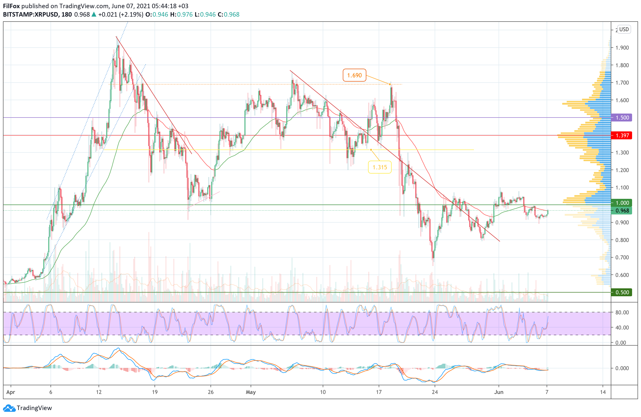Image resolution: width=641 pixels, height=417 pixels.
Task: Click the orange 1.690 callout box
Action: [x=354, y=75]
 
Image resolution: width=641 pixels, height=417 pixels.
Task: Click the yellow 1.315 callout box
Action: [x=379, y=167]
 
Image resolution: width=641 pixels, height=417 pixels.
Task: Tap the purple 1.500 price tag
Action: [x=622, y=118]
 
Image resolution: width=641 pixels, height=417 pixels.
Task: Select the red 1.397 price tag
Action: [x=622, y=135]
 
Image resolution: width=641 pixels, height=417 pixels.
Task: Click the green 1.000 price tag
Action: [x=622, y=203]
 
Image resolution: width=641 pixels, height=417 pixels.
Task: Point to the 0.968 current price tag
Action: [x=622, y=210]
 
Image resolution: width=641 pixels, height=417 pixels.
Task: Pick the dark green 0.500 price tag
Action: [x=622, y=292]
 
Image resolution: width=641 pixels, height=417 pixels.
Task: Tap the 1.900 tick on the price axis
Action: [x=622, y=48]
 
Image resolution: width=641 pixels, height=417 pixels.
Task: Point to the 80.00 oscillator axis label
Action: [x=622, y=312]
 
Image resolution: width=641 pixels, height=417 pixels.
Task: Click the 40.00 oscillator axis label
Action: [x=622, y=328]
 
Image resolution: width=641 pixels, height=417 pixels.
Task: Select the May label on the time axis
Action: [x=250, y=392]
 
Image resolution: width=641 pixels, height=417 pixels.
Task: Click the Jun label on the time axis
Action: [x=499, y=392]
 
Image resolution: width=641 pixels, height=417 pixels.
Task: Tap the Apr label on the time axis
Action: [x=10, y=392]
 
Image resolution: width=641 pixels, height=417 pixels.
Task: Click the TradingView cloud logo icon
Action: [x=9, y=408]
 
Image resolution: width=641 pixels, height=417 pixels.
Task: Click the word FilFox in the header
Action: [x=11, y=6]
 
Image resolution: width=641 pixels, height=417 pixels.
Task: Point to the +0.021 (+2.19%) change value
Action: [x=120, y=15]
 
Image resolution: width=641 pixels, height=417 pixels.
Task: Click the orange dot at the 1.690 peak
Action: [x=390, y=84]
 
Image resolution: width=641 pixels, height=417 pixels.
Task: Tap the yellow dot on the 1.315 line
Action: [x=371, y=149]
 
